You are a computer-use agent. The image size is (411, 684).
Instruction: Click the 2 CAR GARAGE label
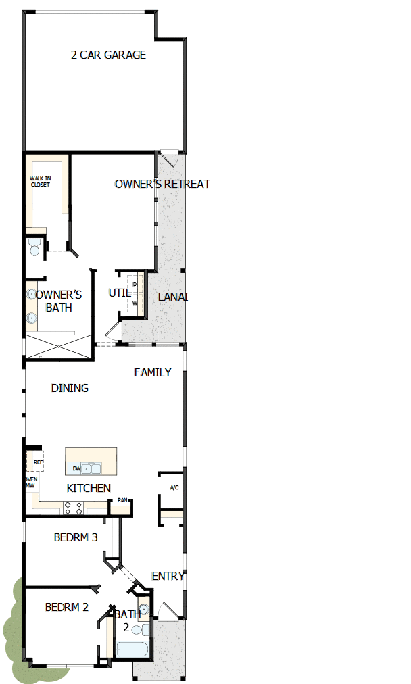pyautogui.click(x=108, y=55)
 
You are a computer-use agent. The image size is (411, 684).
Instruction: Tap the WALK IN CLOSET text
pyautogui.click(x=40, y=181)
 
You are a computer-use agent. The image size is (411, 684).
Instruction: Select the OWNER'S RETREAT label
pyautogui.click(x=162, y=184)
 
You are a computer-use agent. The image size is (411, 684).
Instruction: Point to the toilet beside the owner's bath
pyautogui.click(x=34, y=247)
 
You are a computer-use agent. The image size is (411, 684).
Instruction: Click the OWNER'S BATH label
pyautogui.click(x=58, y=301)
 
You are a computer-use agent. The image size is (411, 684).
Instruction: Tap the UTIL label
pyautogui.click(x=120, y=293)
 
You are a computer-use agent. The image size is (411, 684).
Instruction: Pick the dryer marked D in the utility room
pyautogui.click(x=135, y=285)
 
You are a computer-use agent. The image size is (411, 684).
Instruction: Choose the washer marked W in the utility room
pyautogui.click(x=135, y=303)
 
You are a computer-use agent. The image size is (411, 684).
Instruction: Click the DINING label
pyautogui.click(x=70, y=388)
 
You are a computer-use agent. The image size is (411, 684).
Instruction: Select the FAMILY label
pyautogui.click(x=152, y=372)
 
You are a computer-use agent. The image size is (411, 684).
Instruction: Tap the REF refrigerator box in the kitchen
pyautogui.click(x=38, y=462)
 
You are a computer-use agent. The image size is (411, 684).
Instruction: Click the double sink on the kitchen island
pyautogui.click(x=91, y=468)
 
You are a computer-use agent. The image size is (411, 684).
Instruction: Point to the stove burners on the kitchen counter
pyautogui.click(x=72, y=508)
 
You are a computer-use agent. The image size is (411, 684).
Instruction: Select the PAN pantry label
pyautogui.click(x=122, y=501)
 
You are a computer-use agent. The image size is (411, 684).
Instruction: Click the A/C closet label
pyautogui.click(x=174, y=488)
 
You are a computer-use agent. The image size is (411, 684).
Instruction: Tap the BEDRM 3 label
pyautogui.click(x=76, y=538)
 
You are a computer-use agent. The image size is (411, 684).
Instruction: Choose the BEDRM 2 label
pyautogui.click(x=66, y=607)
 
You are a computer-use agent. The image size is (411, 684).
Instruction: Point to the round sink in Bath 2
pyautogui.click(x=143, y=609)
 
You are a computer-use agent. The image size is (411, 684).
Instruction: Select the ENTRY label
pyautogui.click(x=168, y=576)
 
